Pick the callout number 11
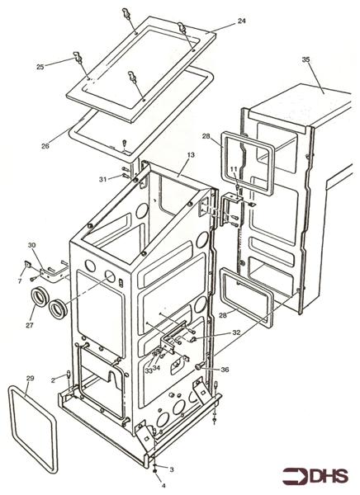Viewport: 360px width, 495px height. (x=234, y=169)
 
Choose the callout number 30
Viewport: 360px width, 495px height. (x=31, y=245)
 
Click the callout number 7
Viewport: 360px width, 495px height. (x=20, y=282)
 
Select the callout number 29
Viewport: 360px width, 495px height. (x=29, y=378)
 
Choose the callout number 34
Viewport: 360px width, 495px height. (x=157, y=368)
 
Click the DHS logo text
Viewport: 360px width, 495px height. (x=329, y=478)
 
